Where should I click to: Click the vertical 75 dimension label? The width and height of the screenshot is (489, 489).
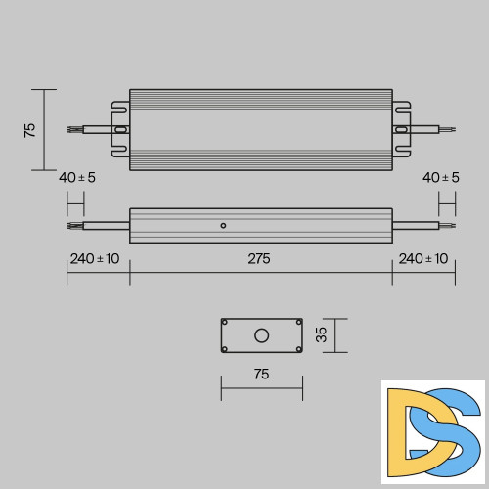coord(30,129)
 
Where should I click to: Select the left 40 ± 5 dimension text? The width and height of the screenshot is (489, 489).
coord(76,177)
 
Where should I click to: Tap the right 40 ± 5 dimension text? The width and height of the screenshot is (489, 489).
coord(441,177)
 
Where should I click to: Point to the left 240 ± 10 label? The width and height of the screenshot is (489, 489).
coord(95,259)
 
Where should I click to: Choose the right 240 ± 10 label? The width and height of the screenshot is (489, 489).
coord(422,259)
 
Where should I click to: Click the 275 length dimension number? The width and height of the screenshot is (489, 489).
coord(259,259)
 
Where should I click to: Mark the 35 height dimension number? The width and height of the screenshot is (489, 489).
coord(322,335)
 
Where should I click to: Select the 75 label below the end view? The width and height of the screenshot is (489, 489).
coord(261,375)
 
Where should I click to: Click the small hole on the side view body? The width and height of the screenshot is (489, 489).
coord(223,226)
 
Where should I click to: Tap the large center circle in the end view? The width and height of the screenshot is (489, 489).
coord(261,335)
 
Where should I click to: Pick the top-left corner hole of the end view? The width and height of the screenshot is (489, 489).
coord(225,322)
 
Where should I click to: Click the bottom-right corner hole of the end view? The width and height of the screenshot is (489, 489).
coord(297,349)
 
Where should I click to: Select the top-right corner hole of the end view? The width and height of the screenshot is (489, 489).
coord(297,322)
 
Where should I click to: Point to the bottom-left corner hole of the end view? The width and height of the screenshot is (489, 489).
coord(225,349)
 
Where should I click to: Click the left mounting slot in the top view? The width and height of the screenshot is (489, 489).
coord(120,129)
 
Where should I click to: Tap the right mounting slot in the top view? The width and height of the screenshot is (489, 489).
coord(401,129)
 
